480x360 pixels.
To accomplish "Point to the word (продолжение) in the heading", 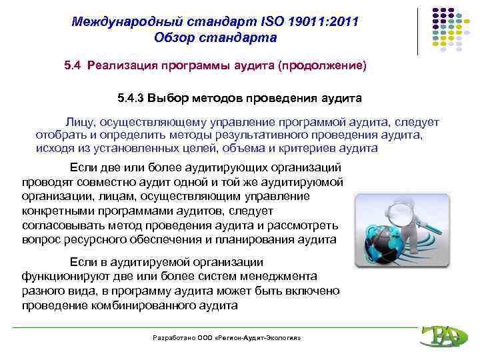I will click(x=323, y=66).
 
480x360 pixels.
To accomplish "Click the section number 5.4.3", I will click(x=130, y=99).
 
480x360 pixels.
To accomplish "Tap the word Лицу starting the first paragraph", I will click(x=79, y=123).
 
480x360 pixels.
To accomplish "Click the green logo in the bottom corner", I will click(x=439, y=337).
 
